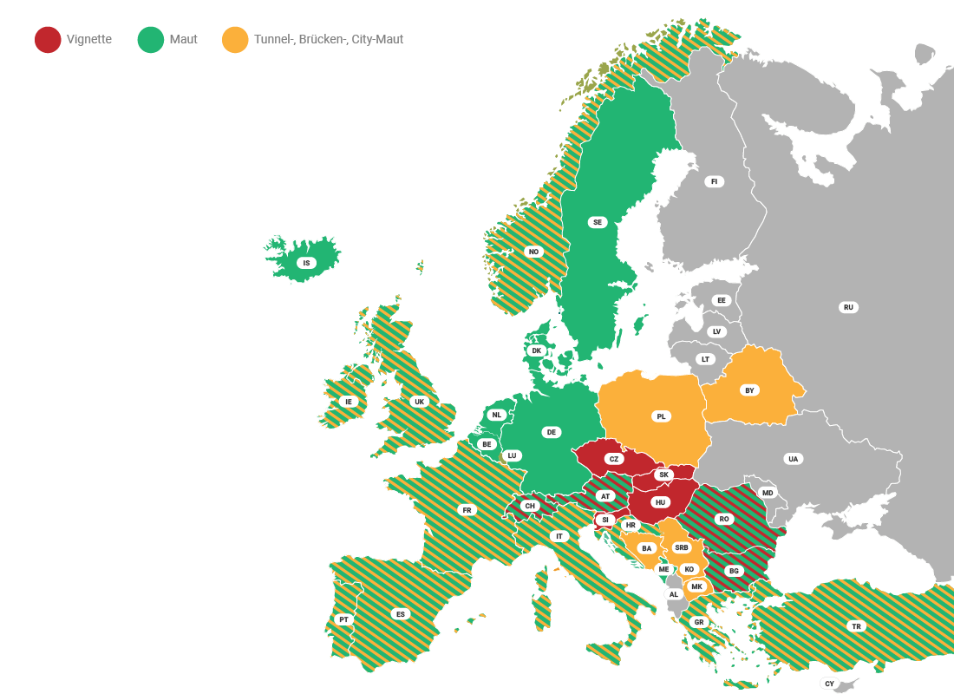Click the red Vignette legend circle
point(48,40)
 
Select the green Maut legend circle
point(151,40)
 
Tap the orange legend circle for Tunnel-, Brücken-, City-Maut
point(234,40)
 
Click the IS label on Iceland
point(304,263)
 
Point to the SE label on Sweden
point(597,222)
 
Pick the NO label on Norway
point(533,252)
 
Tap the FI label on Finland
point(715,181)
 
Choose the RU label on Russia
point(848,307)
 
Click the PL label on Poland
point(661,416)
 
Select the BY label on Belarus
point(749,390)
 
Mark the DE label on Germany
point(551,432)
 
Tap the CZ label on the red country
point(614,459)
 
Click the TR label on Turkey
point(856,625)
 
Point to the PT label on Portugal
point(343,619)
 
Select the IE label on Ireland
point(349,402)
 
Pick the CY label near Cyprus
point(829,684)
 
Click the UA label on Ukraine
point(792,459)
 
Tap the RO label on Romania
point(723,519)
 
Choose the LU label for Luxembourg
point(512,455)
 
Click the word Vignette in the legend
point(89,40)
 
